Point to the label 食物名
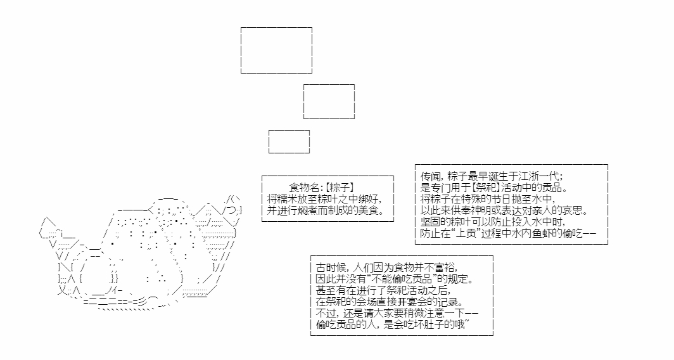point(304,188)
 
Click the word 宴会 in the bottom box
point(417,302)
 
